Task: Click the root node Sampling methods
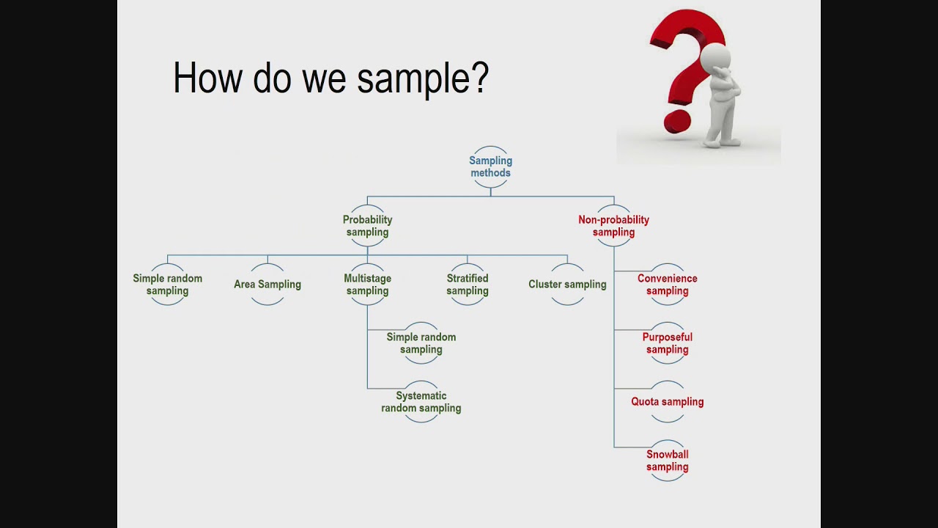click(x=490, y=167)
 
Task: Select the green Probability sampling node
click(x=367, y=226)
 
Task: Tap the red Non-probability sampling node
click(x=613, y=226)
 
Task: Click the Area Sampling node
click(x=267, y=285)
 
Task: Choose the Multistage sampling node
click(x=367, y=285)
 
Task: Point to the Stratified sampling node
click(x=468, y=285)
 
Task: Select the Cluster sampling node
click(x=567, y=285)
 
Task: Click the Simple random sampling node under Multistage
click(x=421, y=343)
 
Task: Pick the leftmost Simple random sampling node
click(x=168, y=285)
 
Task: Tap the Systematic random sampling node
click(x=421, y=402)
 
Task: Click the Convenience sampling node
click(x=667, y=285)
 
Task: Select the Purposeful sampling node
click(x=667, y=343)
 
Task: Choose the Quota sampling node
click(x=667, y=402)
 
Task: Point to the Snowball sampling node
click(x=667, y=461)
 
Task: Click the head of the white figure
click(x=715, y=57)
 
